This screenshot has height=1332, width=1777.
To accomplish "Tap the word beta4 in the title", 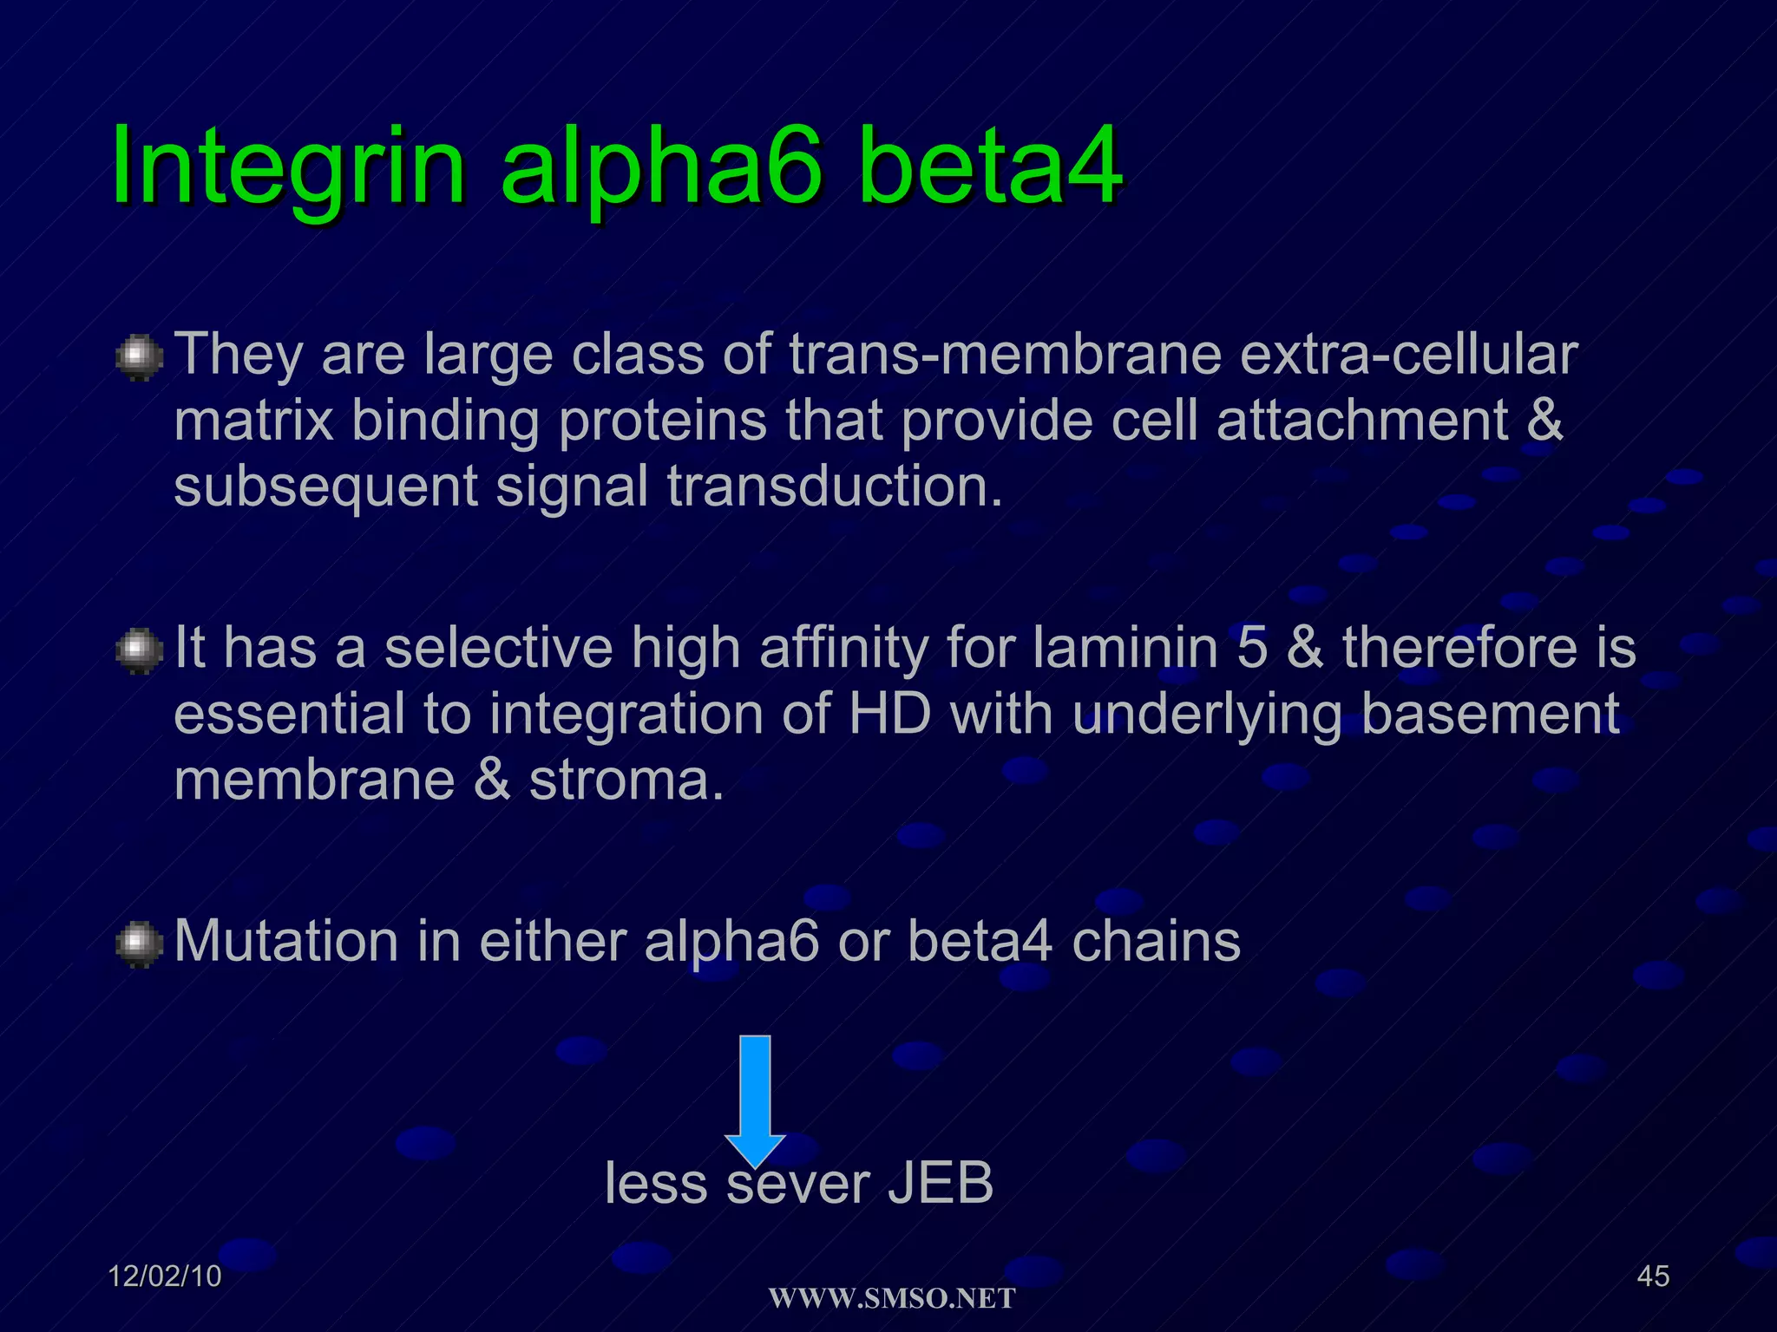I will point(989,165).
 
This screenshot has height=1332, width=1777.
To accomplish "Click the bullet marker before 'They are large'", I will point(139,358).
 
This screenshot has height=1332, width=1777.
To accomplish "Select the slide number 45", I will point(1653,1276).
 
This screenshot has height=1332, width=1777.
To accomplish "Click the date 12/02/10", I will point(165,1276).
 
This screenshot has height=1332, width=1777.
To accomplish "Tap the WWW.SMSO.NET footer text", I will point(892,1298).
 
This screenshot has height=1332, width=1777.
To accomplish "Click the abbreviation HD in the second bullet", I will point(889,715).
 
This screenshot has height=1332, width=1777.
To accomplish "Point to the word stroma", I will point(626,780).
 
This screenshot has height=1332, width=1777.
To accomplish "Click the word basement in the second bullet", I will point(1489,715).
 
